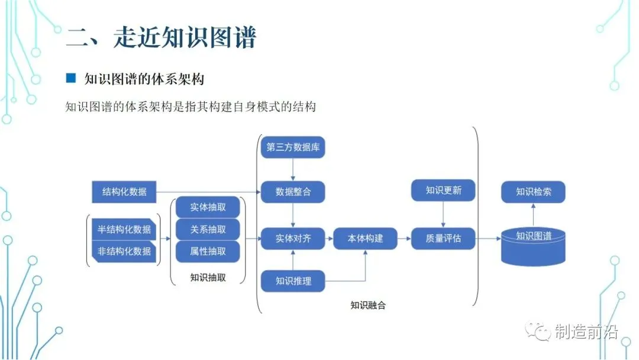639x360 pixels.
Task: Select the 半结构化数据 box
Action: point(124,229)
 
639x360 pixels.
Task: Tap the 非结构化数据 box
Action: point(124,251)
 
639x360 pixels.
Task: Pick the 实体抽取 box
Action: point(208,207)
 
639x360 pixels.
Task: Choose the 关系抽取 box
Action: point(208,229)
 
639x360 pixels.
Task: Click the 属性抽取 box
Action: point(208,251)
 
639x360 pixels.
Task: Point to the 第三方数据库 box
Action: point(293,147)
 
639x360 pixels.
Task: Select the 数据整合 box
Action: point(293,191)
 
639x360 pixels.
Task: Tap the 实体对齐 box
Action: point(293,239)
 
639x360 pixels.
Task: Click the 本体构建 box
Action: point(365,239)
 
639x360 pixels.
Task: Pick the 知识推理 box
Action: point(293,281)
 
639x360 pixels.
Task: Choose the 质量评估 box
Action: point(443,239)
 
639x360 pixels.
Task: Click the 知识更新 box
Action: point(443,191)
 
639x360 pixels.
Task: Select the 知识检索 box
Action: point(533,191)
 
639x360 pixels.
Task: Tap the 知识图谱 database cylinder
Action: point(533,244)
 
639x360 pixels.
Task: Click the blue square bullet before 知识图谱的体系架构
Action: point(71,78)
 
